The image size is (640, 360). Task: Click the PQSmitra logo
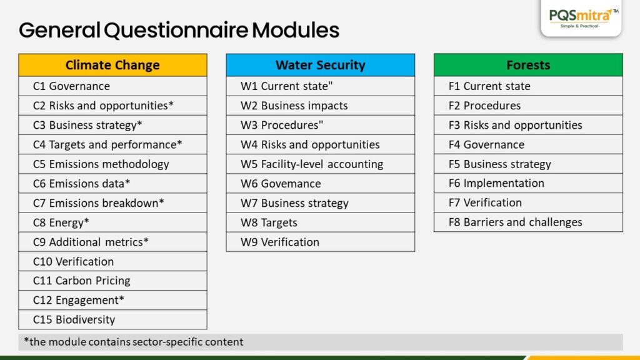(581, 18)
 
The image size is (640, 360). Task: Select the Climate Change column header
(112, 65)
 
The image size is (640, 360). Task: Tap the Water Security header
(321, 65)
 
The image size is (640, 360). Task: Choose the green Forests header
(528, 65)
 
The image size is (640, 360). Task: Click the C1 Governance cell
(112, 86)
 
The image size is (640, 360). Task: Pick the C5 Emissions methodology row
(112, 164)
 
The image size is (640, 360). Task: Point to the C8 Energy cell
(112, 222)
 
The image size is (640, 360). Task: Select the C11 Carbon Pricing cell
(112, 281)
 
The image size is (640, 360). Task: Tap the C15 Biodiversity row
(112, 319)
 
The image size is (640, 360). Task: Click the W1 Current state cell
(321, 86)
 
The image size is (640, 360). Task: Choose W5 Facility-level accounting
(321, 164)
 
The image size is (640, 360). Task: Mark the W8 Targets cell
(321, 222)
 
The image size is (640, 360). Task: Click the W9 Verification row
(321, 242)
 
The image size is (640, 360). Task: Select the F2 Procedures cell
(528, 106)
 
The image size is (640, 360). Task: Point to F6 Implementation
(528, 183)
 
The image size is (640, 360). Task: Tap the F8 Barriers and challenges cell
(528, 222)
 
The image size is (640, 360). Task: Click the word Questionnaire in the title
(176, 30)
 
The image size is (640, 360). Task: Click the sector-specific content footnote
(134, 342)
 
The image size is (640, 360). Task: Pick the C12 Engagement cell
(112, 300)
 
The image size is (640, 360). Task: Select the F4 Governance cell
(528, 144)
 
